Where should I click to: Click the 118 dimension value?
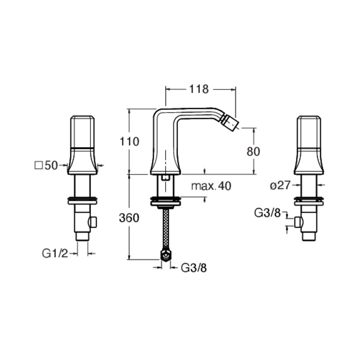point(199,89)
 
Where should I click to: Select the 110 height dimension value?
point(130,141)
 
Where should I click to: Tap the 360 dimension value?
point(129,218)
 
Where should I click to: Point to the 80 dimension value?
point(253,152)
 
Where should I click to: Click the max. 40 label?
point(211,186)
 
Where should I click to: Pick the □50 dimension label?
point(46,165)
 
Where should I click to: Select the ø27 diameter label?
point(280,185)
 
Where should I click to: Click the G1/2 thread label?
point(55,254)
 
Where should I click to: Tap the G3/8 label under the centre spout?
point(194,267)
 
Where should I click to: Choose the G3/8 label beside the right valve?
point(267,213)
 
